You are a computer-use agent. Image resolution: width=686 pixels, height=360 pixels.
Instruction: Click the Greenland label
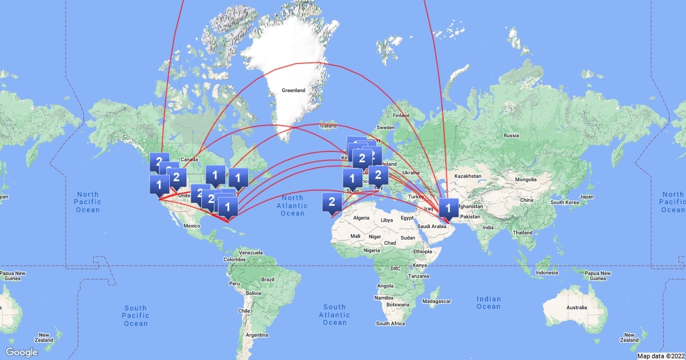[293, 90]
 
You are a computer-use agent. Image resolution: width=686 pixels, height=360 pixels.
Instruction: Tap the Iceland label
[329, 126]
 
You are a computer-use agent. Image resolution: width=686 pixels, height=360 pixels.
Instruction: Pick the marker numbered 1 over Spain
[352, 178]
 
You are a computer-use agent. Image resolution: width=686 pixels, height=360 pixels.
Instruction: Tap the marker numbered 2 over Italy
[378, 175]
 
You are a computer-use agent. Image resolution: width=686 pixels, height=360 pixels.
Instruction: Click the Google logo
[22, 352]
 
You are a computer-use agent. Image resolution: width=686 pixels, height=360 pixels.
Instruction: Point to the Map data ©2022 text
[661, 356]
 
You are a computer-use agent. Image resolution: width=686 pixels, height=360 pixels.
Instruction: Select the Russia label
[510, 135]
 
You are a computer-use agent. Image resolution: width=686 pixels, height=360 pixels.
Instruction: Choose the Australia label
[576, 308]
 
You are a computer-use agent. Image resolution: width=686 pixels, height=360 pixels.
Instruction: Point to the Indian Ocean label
[488, 302]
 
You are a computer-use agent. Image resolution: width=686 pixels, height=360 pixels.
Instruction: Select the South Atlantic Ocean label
[334, 314]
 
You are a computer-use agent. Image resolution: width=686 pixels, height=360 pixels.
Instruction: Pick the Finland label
[401, 115]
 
